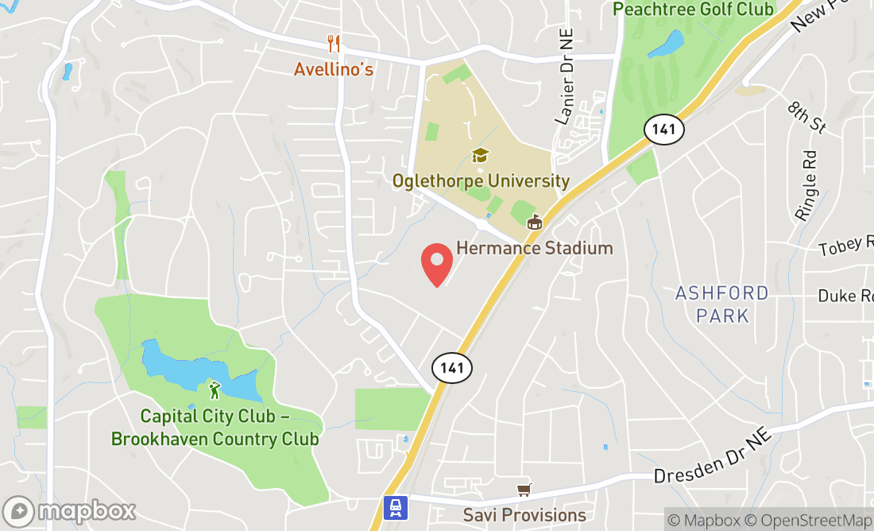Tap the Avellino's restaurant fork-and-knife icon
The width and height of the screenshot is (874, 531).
click(334, 44)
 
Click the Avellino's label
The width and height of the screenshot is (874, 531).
click(334, 69)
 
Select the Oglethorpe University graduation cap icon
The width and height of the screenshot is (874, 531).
click(481, 154)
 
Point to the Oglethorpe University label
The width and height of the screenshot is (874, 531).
click(481, 181)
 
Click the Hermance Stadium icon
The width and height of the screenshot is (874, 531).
click(535, 223)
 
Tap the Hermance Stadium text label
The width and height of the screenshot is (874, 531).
click(534, 248)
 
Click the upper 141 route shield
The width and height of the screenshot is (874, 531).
click(663, 129)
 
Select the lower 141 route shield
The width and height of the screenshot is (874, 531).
click(452, 367)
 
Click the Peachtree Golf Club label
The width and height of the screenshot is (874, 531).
click(693, 10)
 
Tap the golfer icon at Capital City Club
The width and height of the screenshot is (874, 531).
click(214, 390)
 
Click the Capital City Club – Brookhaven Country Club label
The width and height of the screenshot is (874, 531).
click(215, 428)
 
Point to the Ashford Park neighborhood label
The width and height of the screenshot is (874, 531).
click(722, 304)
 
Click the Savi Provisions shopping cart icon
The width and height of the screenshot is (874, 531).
click(523, 490)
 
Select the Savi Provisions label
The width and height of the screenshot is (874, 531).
click(527, 515)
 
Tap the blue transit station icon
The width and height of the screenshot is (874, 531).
click(396, 507)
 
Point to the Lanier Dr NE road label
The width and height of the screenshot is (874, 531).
click(565, 87)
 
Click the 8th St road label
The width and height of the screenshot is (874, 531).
click(806, 117)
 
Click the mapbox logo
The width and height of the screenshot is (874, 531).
click(69, 510)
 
